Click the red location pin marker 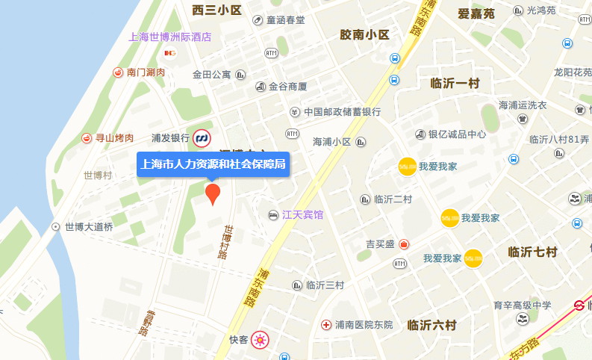click(213, 193)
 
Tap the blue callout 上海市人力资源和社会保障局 click(213, 164)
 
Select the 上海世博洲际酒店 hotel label click(170, 37)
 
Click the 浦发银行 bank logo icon click(201, 138)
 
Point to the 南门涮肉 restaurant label click(146, 72)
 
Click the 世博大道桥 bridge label click(88, 226)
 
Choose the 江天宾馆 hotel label click(302, 215)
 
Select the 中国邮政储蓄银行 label click(342, 112)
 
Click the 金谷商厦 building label click(288, 87)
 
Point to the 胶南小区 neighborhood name click(365, 34)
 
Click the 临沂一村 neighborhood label click(455, 83)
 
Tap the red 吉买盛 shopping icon click(403, 244)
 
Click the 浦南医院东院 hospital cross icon click(325, 325)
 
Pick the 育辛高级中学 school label click(522, 305)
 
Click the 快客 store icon click(260, 340)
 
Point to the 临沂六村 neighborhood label click(431, 325)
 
